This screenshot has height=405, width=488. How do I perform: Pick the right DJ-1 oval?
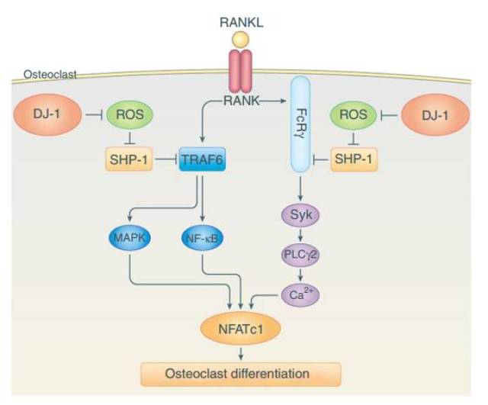438,114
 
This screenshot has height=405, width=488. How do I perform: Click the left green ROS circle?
130,115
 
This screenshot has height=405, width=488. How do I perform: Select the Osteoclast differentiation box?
239,373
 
